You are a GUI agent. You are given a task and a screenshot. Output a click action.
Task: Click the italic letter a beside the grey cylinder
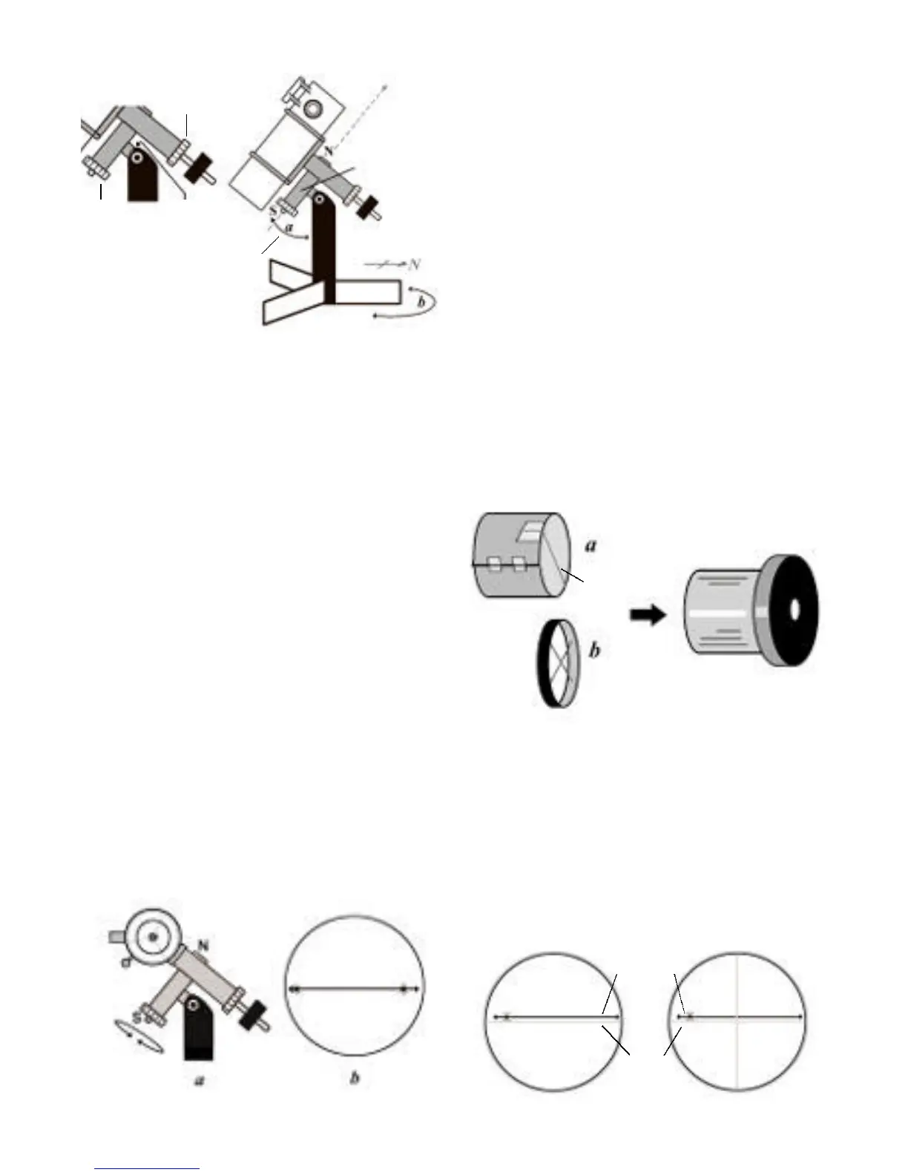[x=591, y=545]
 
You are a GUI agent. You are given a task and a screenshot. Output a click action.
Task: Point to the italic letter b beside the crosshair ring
[x=595, y=651]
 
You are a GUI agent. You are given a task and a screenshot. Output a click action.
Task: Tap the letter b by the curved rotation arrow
[x=421, y=302]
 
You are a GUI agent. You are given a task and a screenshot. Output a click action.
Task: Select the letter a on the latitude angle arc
[x=289, y=228]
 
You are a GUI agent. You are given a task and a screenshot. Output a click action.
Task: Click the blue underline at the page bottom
[x=148, y=1169]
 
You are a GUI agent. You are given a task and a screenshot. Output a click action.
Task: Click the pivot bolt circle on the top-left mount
[x=136, y=157]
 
